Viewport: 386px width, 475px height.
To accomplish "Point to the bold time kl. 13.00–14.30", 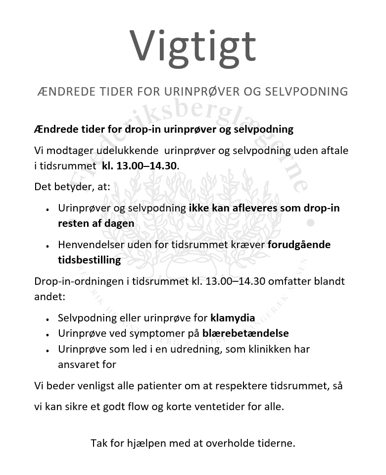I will pyautogui.click(x=139, y=165).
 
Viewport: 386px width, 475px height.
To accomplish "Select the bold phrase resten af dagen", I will pyautogui.click(x=96, y=223).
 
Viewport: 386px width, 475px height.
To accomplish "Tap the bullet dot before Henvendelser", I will pyautogui.click(x=47, y=246).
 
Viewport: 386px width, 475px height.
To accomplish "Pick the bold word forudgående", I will pyautogui.click(x=299, y=245).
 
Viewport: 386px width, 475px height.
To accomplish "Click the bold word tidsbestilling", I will pyautogui.click(x=89, y=260).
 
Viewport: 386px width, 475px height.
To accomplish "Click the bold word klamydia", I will pyautogui.click(x=233, y=318).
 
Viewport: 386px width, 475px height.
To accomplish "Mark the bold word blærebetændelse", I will pyautogui.click(x=245, y=333).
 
